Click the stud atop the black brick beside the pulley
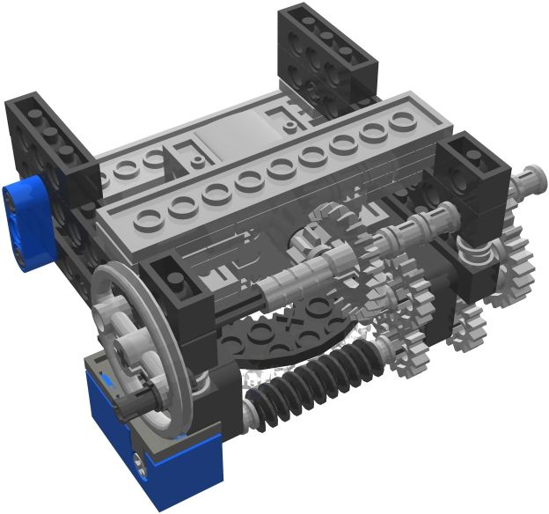click(x=181, y=272)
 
